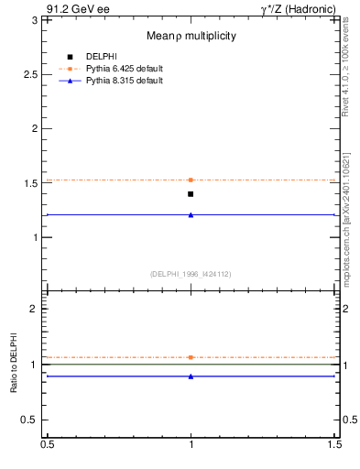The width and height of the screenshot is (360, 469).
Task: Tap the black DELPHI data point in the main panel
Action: click(191, 194)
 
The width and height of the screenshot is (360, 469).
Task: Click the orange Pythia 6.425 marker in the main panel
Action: click(191, 180)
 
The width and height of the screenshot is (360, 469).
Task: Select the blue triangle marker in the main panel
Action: click(191, 214)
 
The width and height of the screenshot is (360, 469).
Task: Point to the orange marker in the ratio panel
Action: click(191, 357)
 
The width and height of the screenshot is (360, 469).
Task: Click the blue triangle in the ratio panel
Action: click(191, 376)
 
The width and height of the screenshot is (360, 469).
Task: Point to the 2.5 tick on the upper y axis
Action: click(35, 73)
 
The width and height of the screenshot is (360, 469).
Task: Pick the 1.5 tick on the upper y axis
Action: click(35, 183)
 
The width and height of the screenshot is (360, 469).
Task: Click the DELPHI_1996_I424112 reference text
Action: click(191, 273)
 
